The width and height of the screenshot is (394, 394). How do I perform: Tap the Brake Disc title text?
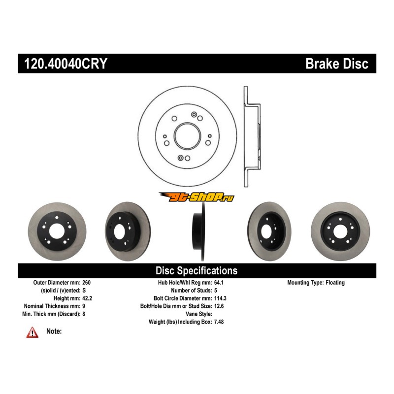(337, 64)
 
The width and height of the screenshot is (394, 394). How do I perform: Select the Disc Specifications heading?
(197, 271)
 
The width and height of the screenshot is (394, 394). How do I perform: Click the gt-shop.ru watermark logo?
(197, 197)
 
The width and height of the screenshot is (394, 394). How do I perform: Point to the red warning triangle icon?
(33, 333)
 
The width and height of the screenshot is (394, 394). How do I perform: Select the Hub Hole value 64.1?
(219, 283)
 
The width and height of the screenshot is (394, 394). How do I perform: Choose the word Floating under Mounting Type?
(335, 283)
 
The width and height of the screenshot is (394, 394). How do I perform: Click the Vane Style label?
(198, 314)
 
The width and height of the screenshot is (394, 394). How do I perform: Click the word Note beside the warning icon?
(54, 331)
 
